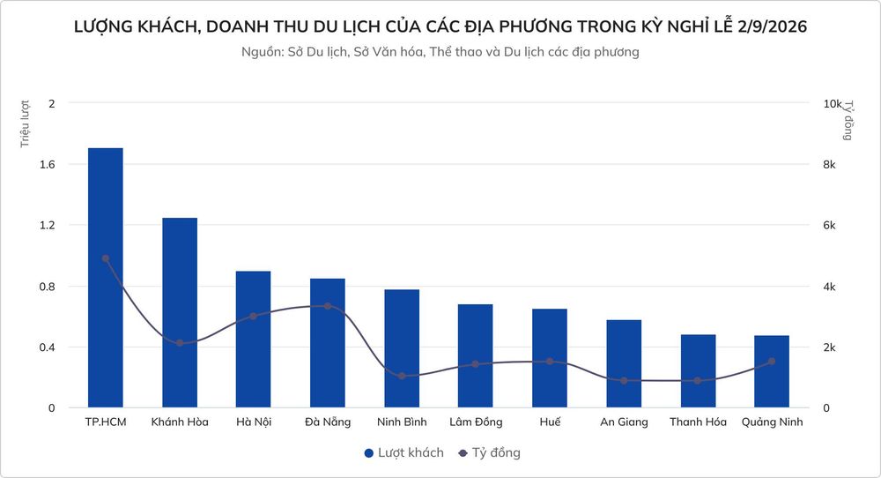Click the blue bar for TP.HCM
(106, 278)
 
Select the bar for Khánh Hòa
(180, 313)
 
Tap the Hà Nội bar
(254, 340)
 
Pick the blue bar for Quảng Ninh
(772, 371)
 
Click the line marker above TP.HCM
(106, 258)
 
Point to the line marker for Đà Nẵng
(328, 306)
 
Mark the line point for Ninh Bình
(402, 376)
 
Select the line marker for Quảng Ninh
(772, 362)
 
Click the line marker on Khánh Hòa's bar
(180, 343)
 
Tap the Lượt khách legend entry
(404, 452)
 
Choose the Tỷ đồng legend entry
(489, 452)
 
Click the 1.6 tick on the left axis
(48, 164)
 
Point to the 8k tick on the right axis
(829, 165)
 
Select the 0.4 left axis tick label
(48, 347)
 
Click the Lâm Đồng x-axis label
(476, 422)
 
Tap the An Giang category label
(624, 422)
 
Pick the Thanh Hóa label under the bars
(698, 422)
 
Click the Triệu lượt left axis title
(25, 123)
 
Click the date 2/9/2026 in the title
(772, 26)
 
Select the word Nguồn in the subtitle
(263, 52)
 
